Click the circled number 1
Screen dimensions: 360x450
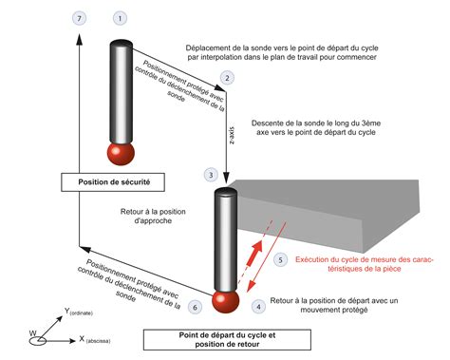(x=119, y=18)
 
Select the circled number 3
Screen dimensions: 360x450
(x=211, y=175)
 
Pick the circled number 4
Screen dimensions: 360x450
(x=258, y=306)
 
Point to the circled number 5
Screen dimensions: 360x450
(x=279, y=259)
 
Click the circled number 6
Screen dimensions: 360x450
(x=195, y=307)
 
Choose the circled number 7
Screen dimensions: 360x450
(x=79, y=18)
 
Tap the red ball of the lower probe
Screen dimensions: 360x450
(x=225, y=299)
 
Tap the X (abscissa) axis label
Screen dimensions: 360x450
(x=102, y=339)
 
